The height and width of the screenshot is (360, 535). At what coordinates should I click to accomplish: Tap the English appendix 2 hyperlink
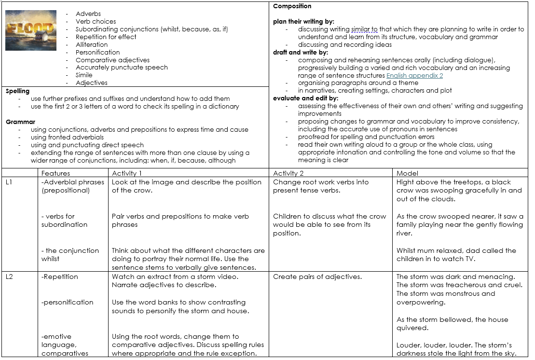pyautogui.click(x=414, y=75)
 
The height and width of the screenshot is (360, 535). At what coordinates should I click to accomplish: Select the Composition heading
pyautogui.click(x=292, y=6)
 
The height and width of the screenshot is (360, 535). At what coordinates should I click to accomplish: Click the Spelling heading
pyautogui.click(x=17, y=91)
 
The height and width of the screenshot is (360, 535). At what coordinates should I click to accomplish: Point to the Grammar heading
pyautogui.click(x=20, y=122)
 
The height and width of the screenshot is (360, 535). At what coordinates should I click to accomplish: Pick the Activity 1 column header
pyautogui.click(x=127, y=173)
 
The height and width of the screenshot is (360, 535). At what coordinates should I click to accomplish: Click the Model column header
pyautogui.click(x=407, y=173)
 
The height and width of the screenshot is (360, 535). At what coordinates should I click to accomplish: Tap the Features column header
pyautogui.click(x=55, y=173)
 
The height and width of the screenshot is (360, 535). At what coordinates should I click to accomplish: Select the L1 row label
pyautogui.click(x=9, y=182)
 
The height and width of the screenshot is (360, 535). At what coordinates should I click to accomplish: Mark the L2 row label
pyautogui.click(x=9, y=277)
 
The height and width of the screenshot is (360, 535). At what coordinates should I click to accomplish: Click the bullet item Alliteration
pyautogui.click(x=92, y=44)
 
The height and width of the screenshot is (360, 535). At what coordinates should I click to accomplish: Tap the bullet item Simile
pyautogui.click(x=84, y=75)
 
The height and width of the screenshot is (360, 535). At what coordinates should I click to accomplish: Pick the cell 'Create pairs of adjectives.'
pyautogui.click(x=317, y=277)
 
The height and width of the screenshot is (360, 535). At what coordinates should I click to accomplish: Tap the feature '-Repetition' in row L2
pyautogui.click(x=60, y=277)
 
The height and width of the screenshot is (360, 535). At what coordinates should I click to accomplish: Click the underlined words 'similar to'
pyautogui.click(x=364, y=29)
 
